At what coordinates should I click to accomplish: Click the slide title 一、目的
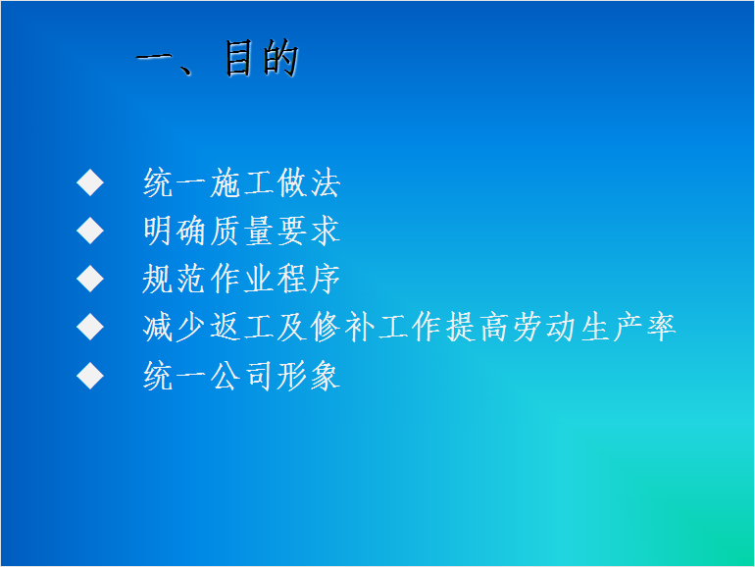[x=218, y=59]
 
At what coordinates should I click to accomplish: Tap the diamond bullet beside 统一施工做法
[x=90, y=182]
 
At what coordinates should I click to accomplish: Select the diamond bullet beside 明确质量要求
[x=90, y=231]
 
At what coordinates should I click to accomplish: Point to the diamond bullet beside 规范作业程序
[x=90, y=279]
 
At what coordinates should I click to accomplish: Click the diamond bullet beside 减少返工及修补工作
[x=90, y=327]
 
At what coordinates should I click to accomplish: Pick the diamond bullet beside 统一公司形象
[x=90, y=376]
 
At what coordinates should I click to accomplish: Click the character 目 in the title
[x=238, y=59]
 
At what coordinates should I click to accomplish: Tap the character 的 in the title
[x=281, y=59]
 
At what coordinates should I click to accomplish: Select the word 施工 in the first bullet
[x=242, y=183]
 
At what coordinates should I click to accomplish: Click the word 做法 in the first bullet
[x=309, y=183]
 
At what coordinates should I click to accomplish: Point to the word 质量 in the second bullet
[x=242, y=231]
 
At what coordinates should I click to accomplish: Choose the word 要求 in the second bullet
[x=309, y=231]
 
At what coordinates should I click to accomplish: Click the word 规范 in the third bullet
[x=175, y=279]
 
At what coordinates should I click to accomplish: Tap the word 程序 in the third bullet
[x=309, y=279]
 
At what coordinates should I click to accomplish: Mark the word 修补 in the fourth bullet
[x=342, y=327]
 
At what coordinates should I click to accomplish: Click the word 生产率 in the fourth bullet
[x=629, y=327]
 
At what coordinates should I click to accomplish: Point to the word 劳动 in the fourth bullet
[x=544, y=327]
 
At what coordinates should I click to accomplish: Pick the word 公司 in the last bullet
[x=242, y=376]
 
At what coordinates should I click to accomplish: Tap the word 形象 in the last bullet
[x=309, y=376]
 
